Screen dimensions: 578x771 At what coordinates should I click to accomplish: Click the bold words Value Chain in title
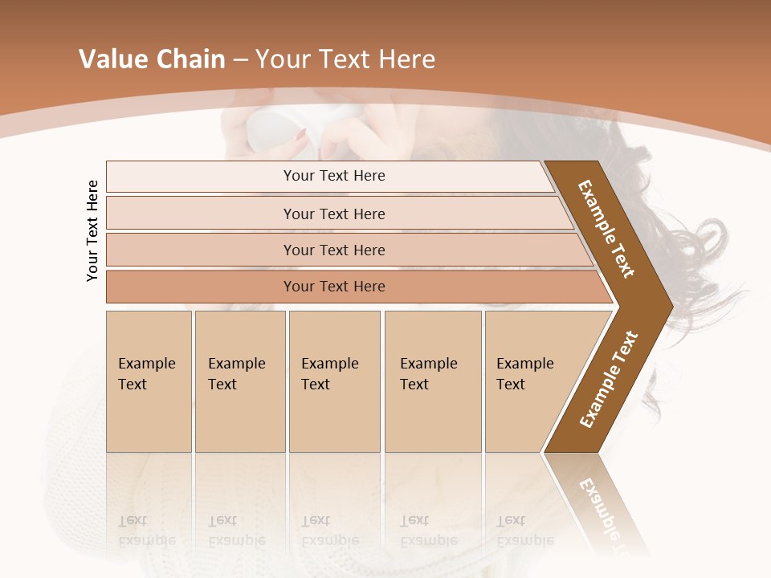pyautogui.click(x=152, y=59)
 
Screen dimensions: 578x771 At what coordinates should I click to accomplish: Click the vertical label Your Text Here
pyautogui.click(x=92, y=230)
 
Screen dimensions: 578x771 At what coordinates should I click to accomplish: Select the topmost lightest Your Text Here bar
pyautogui.click(x=333, y=176)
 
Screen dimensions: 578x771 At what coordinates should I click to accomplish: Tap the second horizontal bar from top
pyautogui.click(x=333, y=214)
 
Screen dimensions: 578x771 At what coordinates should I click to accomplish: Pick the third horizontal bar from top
pyautogui.click(x=333, y=250)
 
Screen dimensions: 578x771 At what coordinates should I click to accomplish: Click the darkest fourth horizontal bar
pyautogui.click(x=333, y=287)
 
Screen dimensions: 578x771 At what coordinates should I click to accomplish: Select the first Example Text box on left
pyautogui.click(x=149, y=381)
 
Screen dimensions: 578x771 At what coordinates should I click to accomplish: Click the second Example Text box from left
pyautogui.click(x=239, y=381)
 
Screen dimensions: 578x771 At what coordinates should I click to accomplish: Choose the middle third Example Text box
pyautogui.click(x=334, y=381)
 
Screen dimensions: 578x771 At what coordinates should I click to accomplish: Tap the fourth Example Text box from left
pyautogui.click(x=432, y=381)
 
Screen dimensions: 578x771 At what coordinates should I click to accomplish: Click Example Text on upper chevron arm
pyautogui.click(x=606, y=229)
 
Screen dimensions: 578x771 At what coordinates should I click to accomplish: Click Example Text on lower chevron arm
pyautogui.click(x=608, y=379)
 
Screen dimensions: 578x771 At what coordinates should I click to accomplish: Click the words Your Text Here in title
pyautogui.click(x=345, y=59)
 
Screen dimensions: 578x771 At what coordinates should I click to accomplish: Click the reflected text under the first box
pyautogui.click(x=146, y=530)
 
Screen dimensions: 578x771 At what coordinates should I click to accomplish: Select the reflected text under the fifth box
pyautogui.click(x=524, y=530)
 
